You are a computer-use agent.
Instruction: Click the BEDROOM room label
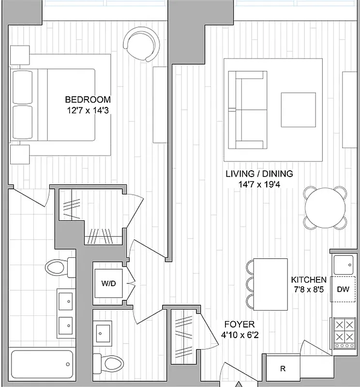pyautogui.click(x=88, y=100)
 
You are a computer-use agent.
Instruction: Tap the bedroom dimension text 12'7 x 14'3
pyautogui.click(x=88, y=110)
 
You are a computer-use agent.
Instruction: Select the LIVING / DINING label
pyautogui.click(x=259, y=174)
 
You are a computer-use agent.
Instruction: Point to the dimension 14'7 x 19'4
pyautogui.click(x=259, y=184)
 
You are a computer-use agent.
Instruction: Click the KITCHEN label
pyautogui.click(x=308, y=280)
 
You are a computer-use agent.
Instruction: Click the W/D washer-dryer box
pyautogui.click(x=108, y=283)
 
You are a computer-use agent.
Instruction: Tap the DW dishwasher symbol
pyautogui.click(x=343, y=289)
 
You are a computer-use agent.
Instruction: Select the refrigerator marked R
pyautogui.click(x=283, y=369)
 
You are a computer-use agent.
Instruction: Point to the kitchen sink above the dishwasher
pyautogui.click(x=344, y=264)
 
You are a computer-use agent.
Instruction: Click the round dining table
pyautogui.click(x=325, y=208)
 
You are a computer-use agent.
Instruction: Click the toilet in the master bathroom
pyautogui.click(x=59, y=267)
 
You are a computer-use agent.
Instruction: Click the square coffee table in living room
pyautogui.click(x=299, y=109)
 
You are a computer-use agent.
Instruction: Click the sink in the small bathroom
pyautogui.click(x=104, y=332)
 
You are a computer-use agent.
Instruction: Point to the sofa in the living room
pyautogui.click(x=248, y=109)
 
